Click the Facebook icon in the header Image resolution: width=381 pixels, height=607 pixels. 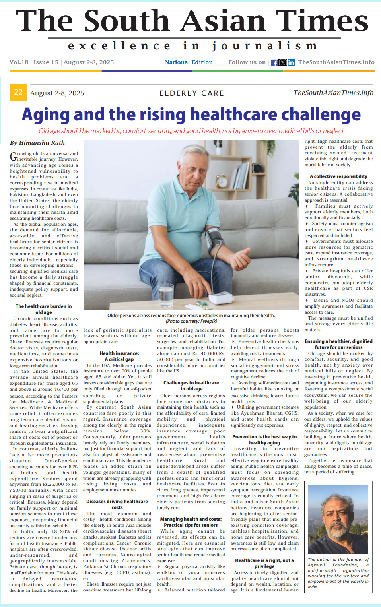coord(274,63)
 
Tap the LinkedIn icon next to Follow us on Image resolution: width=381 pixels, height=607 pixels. coord(291,63)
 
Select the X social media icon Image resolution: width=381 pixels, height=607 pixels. coord(283,63)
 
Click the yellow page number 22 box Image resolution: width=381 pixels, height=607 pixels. coord(18,93)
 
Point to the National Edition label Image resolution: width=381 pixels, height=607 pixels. coord(189,62)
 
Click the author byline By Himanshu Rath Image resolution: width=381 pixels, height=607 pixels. coord(37,143)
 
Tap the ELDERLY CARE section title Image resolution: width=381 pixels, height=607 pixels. coord(192,93)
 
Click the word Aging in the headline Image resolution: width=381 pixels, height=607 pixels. coord(45,114)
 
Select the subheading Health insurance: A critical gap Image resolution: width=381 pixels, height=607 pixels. coord(119,356)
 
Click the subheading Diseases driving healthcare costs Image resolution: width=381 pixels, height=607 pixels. coord(117,504)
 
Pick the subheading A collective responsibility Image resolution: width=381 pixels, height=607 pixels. coord(338,176)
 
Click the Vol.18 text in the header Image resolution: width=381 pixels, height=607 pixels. coord(19,62)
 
